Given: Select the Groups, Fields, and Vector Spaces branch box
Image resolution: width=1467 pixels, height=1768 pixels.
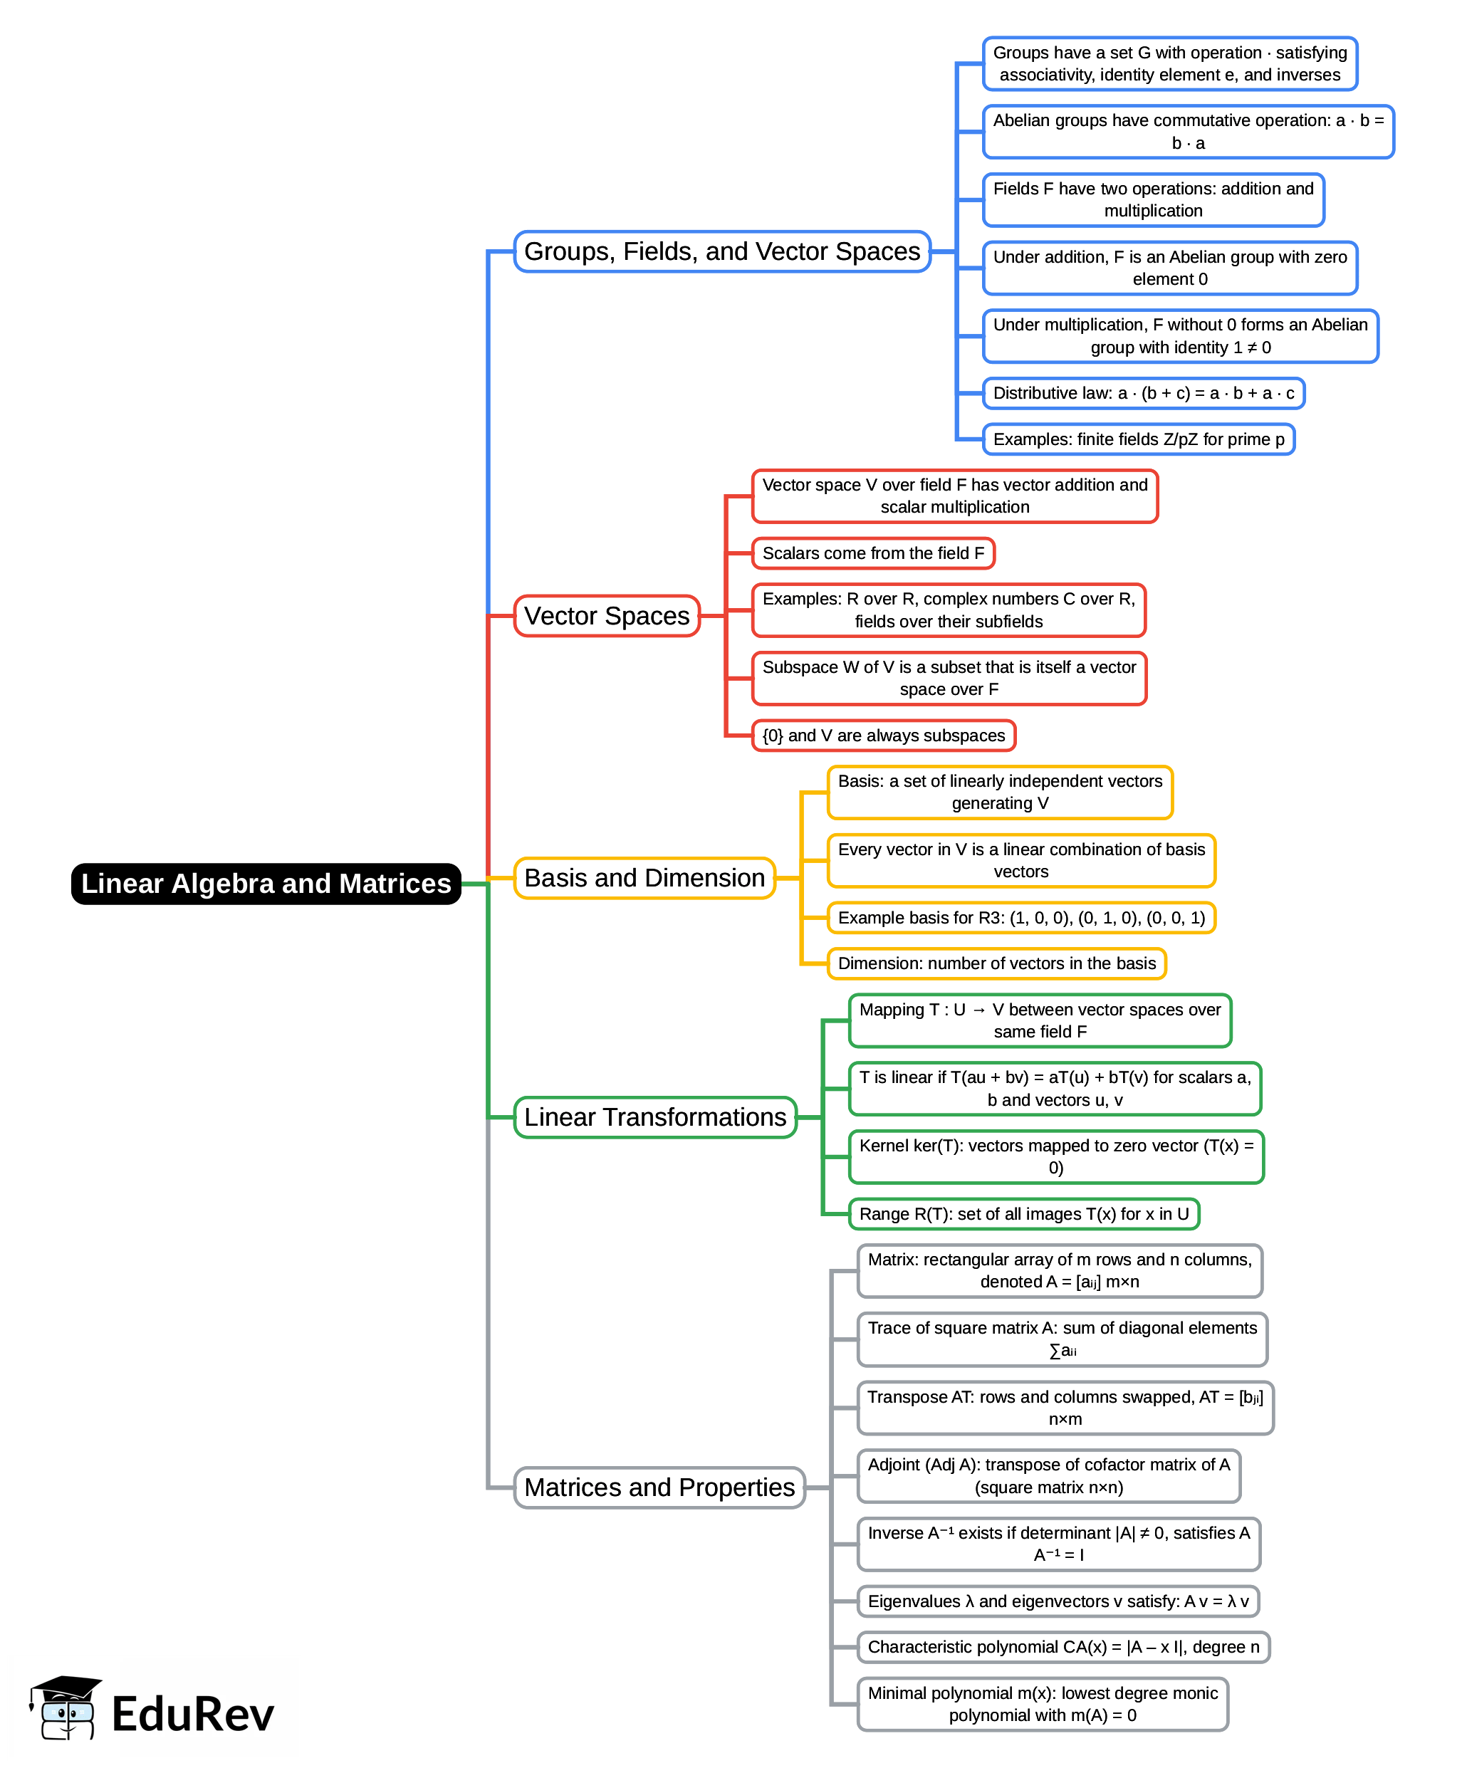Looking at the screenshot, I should pos(721,252).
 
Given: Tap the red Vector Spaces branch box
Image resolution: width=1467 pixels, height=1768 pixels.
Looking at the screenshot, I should pos(606,617).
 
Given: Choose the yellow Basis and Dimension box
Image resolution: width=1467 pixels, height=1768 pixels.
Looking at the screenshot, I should pos(644,878).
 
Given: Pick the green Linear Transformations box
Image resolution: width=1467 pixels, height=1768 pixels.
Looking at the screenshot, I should pos(655,1117).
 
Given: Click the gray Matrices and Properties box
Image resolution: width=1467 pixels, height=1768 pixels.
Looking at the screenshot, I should pos(659,1487).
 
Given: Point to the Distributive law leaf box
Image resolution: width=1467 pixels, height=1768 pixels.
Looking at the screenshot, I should pos(1143,393).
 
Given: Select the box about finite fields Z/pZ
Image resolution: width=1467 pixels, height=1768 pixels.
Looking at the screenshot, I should pos(1138,439).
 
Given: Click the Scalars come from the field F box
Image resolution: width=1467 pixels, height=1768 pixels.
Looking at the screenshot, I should pos(872,553).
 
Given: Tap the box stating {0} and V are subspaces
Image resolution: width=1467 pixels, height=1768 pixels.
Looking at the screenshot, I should pos(883,736).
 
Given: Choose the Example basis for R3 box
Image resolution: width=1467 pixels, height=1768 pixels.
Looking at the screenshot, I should pos(1020,918).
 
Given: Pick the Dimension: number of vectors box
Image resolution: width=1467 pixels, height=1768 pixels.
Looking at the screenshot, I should pos(996,963).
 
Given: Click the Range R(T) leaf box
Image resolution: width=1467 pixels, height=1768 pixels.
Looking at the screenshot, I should pos(1023,1214).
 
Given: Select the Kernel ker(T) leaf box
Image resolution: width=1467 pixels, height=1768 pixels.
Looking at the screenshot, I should pos(1055,1157).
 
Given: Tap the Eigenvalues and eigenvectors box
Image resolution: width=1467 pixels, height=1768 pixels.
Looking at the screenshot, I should pos(1058,1601).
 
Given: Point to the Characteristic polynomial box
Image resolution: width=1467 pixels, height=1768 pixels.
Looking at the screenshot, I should pos(1063,1647).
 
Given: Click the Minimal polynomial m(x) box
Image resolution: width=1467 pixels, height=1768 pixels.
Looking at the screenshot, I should pos(1042,1704).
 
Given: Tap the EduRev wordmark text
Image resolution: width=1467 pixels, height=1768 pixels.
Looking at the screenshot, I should pos(193,1714).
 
